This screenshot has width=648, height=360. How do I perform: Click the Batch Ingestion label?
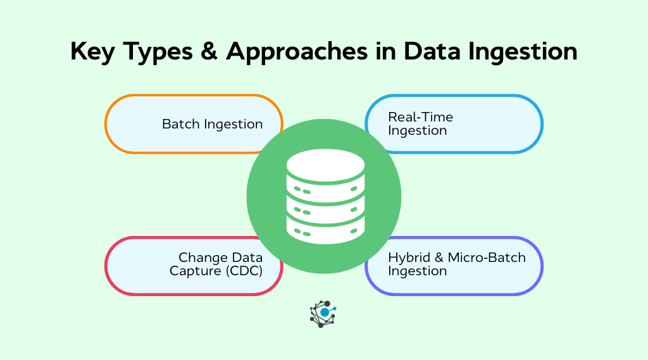pyautogui.click(x=212, y=124)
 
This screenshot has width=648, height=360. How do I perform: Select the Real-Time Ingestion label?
pyautogui.click(x=420, y=124)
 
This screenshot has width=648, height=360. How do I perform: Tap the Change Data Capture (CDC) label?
pyautogui.click(x=220, y=264)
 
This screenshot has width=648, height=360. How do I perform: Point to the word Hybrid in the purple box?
pyautogui.click(x=408, y=258)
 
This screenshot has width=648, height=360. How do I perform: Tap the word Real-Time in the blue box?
pyautogui.click(x=420, y=117)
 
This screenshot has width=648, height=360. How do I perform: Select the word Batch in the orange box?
pyautogui.click(x=180, y=124)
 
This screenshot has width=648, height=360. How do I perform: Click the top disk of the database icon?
pyautogui.click(x=325, y=166)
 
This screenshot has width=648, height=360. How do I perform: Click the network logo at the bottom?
pyautogui.click(x=323, y=313)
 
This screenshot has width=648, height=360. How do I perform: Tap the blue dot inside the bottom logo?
pyautogui.click(x=325, y=313)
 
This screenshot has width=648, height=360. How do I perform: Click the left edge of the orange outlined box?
pyautogui.click(x=106, y=124)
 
